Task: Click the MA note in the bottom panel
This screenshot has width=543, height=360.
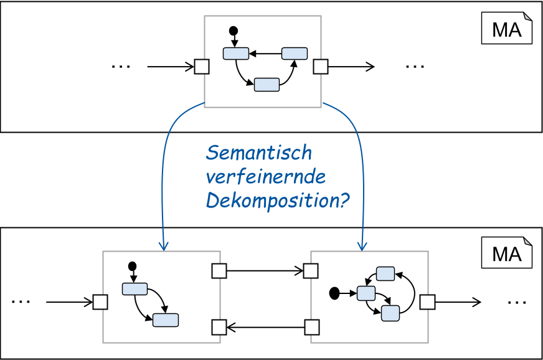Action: pos(506,254)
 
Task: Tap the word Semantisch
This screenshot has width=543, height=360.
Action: pos(258,153)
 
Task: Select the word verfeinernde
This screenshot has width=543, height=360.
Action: pos(265,177)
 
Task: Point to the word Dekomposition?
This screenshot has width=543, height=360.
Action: pos(276,201)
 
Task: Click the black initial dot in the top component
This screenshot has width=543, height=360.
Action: pos(234,30)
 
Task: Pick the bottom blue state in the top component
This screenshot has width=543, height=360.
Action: pos(267,85)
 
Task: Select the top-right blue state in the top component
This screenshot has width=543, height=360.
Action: pos(295,54)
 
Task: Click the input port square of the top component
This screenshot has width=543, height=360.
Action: pos(202,67)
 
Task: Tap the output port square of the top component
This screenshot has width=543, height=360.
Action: pos(320,67)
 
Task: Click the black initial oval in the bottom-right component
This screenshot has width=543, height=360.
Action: pos(334,292)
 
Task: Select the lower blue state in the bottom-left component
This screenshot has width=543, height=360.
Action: pos(166,320)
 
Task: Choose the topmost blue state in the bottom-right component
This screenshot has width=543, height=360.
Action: pos(385,273)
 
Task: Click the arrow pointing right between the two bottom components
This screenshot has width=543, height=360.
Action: pos(265,271)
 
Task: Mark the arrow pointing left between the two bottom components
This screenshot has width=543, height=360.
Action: pos(265,326)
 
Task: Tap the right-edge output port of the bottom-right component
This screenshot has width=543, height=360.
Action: pos(427,302)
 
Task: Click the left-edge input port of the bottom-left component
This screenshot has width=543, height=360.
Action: pos(100,302)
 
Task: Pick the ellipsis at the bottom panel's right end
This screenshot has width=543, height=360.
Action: pos(517,302)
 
